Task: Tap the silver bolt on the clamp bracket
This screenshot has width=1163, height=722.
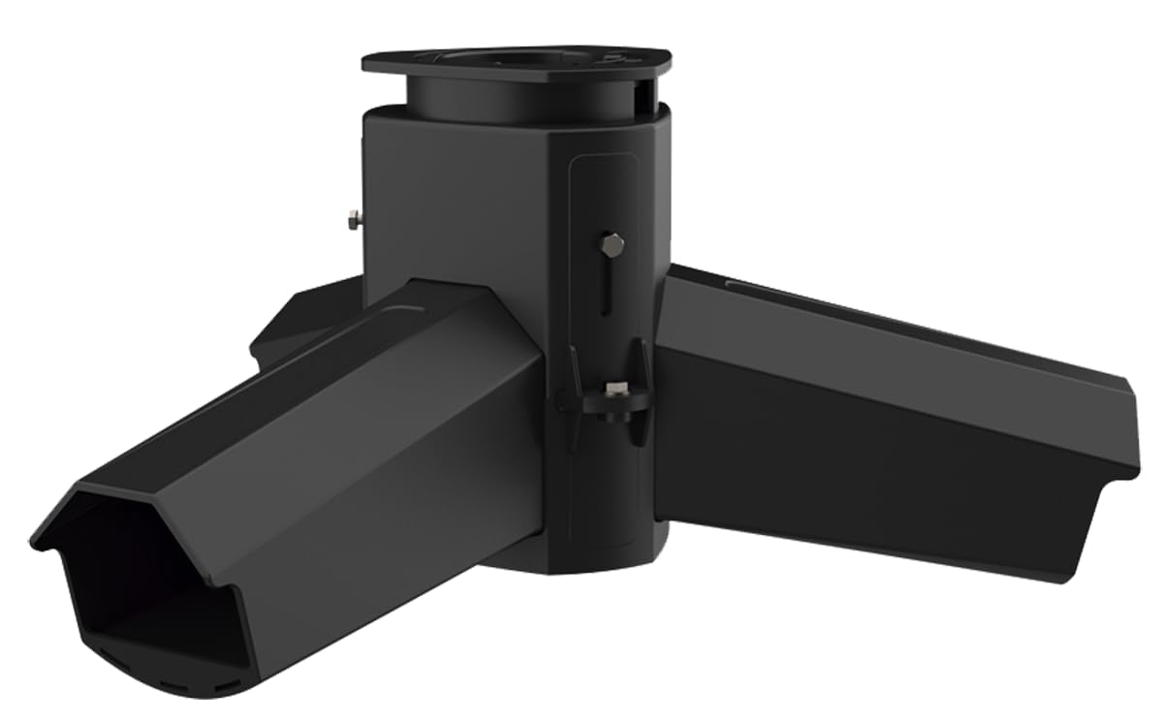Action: coord(613,391)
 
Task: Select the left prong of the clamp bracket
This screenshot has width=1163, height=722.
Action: coord(574,378)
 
